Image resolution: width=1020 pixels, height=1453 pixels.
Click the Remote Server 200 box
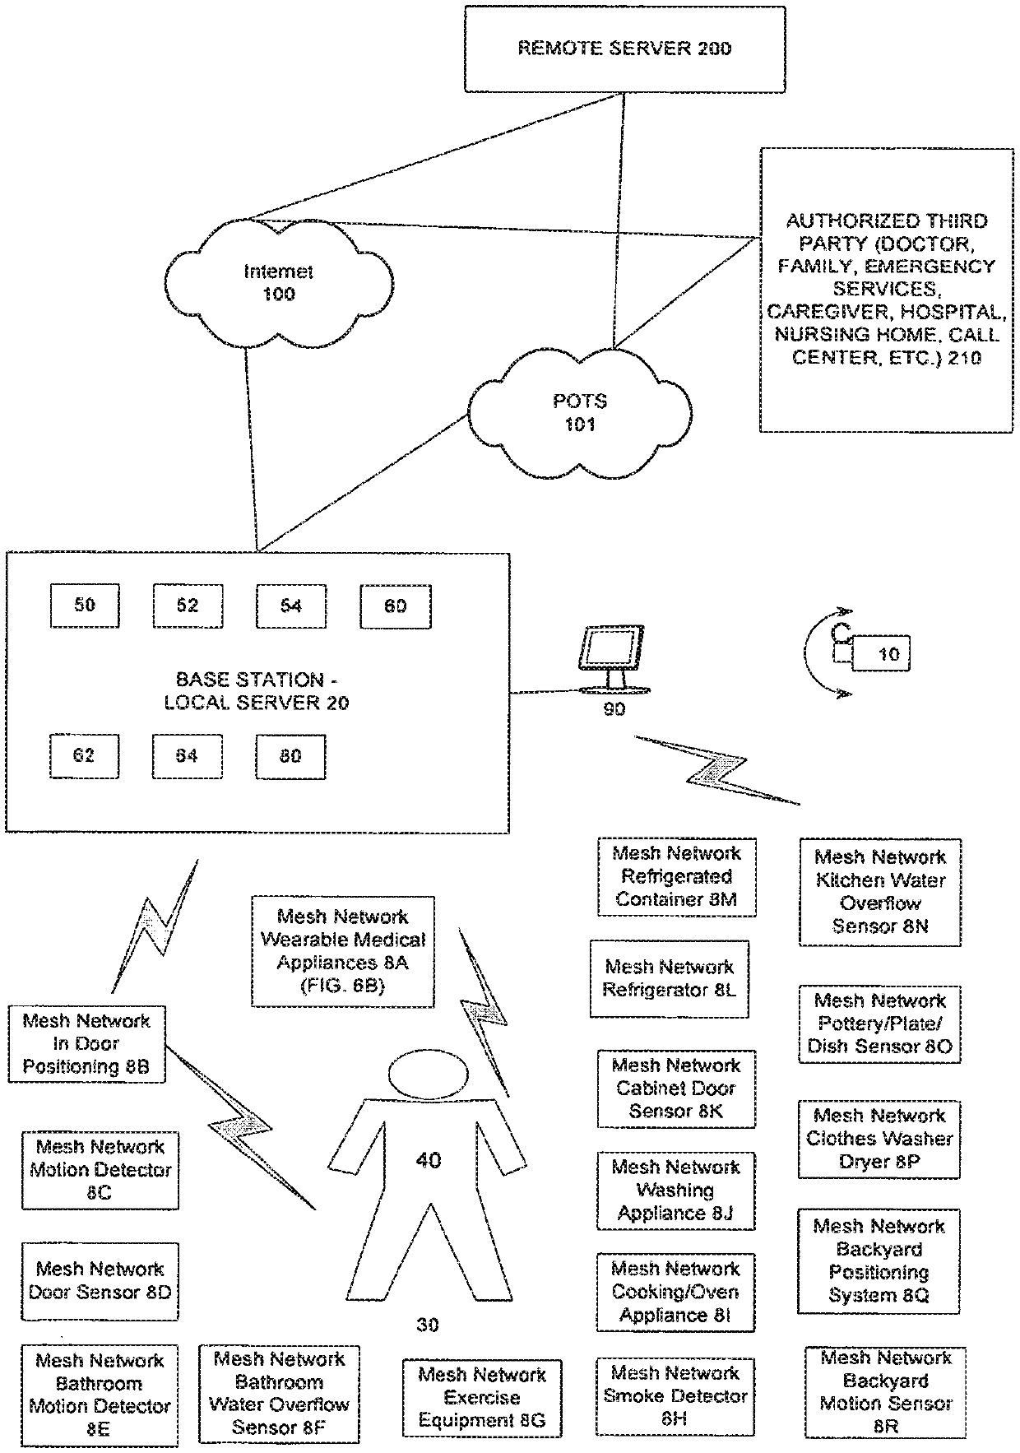[x=624, y=49]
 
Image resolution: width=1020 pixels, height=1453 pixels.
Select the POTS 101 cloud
[x=579, y=414]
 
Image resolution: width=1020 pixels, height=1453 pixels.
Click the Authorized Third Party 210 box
[x=886, y=290]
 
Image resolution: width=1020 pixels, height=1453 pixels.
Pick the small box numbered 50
[x=85, y=606]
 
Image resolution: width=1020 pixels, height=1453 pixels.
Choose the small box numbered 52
[x=188, y=606]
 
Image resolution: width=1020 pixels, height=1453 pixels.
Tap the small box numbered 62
[x=84, y=756]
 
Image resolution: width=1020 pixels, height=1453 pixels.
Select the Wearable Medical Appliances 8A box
[x=342, y=951]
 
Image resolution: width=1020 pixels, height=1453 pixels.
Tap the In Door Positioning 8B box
[x=87, y=1044]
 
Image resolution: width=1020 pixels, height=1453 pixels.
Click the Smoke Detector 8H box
[x=675, y=1396]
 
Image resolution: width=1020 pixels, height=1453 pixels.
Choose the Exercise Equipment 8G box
[x=482, y=1398]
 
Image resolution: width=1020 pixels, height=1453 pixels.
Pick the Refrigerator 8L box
[x=670, y=978]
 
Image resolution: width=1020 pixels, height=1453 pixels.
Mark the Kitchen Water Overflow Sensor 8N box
[x=880, y=892]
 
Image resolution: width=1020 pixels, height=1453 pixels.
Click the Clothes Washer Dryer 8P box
[x=879, y=1139]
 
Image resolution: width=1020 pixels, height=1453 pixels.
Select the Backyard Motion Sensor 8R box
[x=886, y=1392]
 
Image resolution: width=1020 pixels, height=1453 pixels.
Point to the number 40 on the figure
[x=429, y=1161]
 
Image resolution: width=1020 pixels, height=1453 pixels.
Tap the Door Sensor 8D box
[x=100, y=1281]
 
